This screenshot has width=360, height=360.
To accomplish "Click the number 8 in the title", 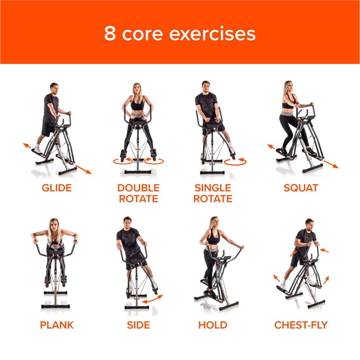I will pyautogui.click(x=110, y=33).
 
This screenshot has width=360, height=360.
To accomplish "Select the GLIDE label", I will pyautogui.click(x=57, y=188).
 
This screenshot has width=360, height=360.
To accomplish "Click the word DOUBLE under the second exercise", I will pyautogui.click(x=138, y=188).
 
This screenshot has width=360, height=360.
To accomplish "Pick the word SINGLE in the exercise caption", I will pyautogui.click(x=213, y=188).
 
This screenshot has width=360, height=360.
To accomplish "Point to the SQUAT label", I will pyautogui.click(x=301, y=188).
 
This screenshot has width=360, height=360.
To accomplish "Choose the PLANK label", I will pyautogui.click(x=57, y=325).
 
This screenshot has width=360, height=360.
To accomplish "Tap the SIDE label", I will pyautogui.click(x=138, y=325).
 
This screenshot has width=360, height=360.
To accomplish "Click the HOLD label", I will pyautogui.click(x=213, y=325).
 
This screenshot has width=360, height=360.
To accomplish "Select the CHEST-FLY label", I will pyautogui.click(x=301, y=325).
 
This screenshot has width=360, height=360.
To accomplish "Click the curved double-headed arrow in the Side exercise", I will pyautogui.click(x=153, y=299).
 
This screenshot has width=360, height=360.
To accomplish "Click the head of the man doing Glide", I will pyautogui.click(x=54, y=89).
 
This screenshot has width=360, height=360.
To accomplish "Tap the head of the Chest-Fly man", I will pyautogui.click(x=309, y=224).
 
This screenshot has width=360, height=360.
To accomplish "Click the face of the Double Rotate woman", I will pyautogui.click(x=137, y=90).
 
